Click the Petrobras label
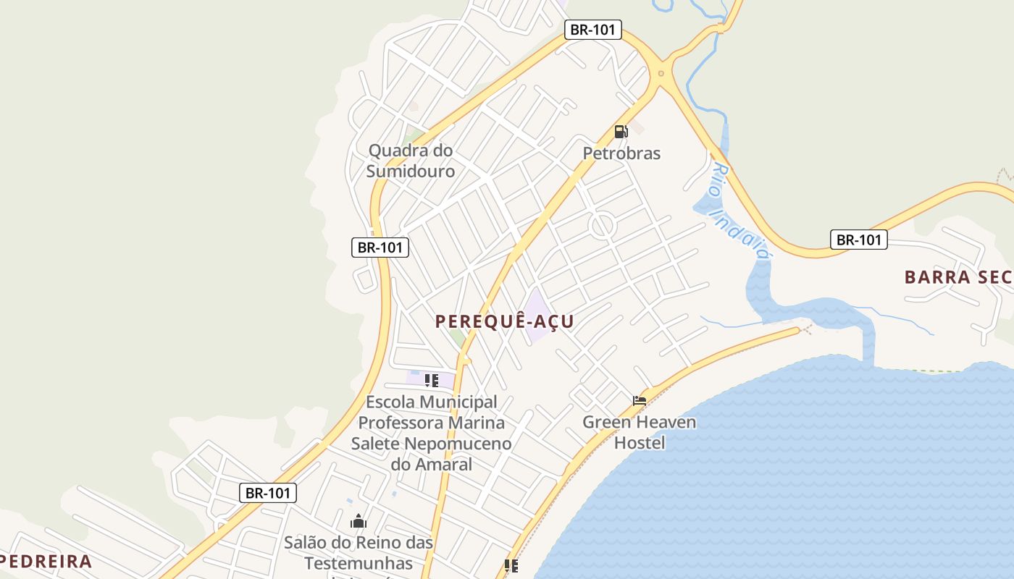point(621,153)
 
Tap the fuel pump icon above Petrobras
point(621,132)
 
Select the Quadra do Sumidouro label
point(411,161)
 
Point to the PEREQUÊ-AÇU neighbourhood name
point(504,321)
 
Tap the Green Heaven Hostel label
point(640,431)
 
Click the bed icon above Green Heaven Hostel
point(640,400)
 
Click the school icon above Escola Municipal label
point(432,381)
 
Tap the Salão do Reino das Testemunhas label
point(358,552)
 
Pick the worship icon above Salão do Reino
point(359,521)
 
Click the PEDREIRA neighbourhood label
point(46,561)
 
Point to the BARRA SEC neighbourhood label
point(957,276)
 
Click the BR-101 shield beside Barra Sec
point(858,240)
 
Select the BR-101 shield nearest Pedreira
point(268,493)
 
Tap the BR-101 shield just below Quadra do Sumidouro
point(381,247)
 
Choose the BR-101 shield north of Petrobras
point(594,30)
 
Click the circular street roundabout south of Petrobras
point(603,225)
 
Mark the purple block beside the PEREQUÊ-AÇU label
point(537,316)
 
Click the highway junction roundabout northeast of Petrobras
point(661,73)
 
